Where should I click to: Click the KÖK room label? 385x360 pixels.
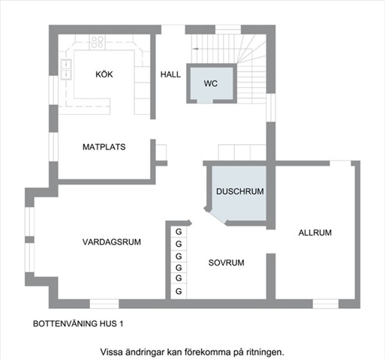click(104, 74)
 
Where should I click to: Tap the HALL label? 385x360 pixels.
click(170, 74)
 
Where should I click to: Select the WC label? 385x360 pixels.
click(211, 83)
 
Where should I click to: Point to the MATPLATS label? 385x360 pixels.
click(104, 147)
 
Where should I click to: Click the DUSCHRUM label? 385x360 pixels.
click(240, 191)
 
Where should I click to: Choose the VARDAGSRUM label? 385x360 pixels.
click(112, 242)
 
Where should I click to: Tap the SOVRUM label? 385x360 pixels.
click(226, 262)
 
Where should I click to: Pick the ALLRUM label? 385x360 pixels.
click(315, 232)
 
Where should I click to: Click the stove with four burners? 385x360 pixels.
click(98, 42)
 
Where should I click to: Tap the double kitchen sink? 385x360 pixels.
click(66, 69)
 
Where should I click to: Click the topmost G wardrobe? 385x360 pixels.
click(179, 232)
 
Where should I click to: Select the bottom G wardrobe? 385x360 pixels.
click(179, 291)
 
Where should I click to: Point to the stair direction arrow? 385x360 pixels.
click(197, 49)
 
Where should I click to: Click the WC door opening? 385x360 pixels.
click(205, 101)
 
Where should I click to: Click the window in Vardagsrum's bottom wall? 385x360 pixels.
click(104, 304)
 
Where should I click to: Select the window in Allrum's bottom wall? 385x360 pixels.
click(326, 304)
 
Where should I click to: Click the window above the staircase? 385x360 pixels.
click(228, 29)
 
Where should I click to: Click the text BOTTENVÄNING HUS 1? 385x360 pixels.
click(78, 324)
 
